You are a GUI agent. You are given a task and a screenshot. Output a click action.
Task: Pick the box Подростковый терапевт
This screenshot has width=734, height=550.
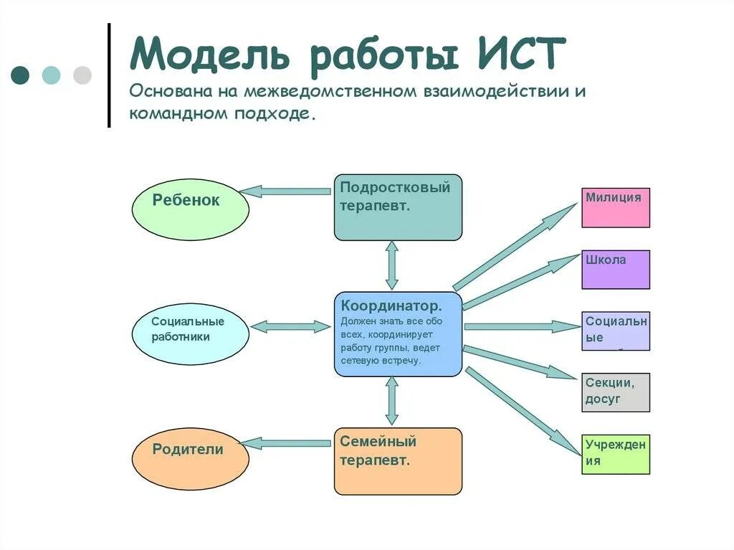pyautogui.click(x=398, y=207)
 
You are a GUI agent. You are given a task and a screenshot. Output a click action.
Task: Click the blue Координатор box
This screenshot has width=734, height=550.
pyautogui.click(x=398, y=334)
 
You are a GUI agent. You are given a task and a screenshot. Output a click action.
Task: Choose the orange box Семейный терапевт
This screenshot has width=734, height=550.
pyautogui.click(x=398, y=461)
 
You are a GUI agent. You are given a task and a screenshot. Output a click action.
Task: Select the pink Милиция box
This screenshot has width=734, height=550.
pyautogui.click(x=616, y=208)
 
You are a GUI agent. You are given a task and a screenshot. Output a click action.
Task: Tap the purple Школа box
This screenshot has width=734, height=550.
pyautogui.click(x=616, y=270)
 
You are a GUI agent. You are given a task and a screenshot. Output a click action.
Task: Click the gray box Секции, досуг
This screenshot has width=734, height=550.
pyautogui.click(x=616, y=392)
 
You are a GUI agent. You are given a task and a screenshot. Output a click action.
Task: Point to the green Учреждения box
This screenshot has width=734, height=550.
pyautogui.click(x=616, y=454)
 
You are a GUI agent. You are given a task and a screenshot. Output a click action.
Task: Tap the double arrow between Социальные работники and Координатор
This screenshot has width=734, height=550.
pyautogui.click(x=290, y=327)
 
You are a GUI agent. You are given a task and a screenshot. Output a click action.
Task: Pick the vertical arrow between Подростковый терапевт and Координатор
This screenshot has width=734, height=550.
pyautogui.click(x=392, y=265)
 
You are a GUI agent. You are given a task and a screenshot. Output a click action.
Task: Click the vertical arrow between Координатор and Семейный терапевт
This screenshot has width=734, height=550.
pyautogui.click(x=392, y=402)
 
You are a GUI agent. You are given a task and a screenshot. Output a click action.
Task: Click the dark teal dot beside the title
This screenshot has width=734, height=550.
pyautogui.click(x=20, y=75)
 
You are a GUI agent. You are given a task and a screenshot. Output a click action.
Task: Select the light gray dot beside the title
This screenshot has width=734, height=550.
pyautogui.click(x=83, y=75)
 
